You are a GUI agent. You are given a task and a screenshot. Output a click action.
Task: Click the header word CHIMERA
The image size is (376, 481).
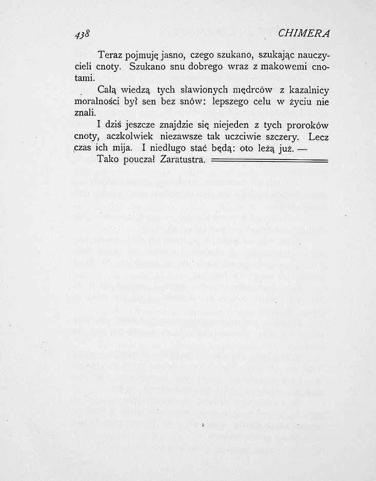click(x=304, y=33)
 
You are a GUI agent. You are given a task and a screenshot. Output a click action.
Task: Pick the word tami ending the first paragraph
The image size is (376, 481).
click(x=85, y=78)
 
